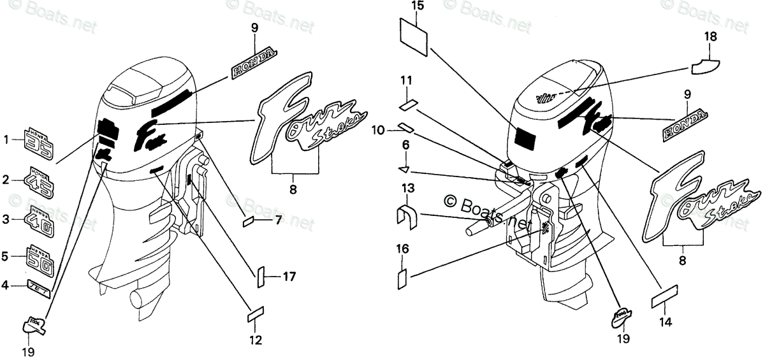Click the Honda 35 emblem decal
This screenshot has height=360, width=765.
pyautogui.click(x=40, y=143)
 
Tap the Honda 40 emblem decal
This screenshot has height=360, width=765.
pyautogui.click(x=40, y=220)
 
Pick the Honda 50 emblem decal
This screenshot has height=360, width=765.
pyautogui.click(x=41, y=257)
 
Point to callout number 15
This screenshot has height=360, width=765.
pyautogui.click(x=416, y=7)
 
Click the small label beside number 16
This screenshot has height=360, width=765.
pyautogui.click(x=402, y=279)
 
